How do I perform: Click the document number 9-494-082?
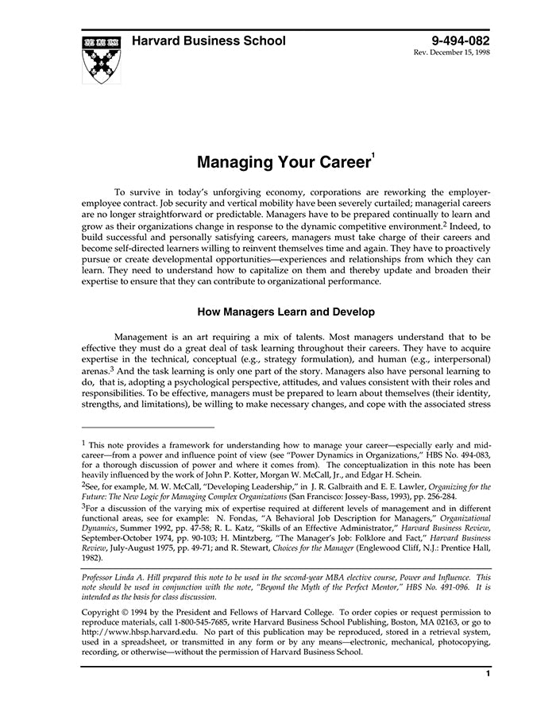click(x=461, y=41)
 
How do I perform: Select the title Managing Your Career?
click(x=282, y=164)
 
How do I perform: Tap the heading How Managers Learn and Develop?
click(x=286, y=312)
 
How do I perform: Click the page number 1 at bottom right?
click(x=488, y=674)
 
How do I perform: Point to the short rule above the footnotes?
click(x=148, y=427)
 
